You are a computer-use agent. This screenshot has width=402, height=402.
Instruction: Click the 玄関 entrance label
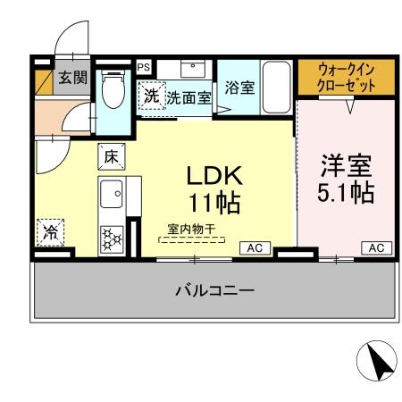pos(72,78)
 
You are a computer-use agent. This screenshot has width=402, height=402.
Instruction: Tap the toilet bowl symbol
pos(113,89)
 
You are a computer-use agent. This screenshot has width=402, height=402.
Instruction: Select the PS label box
pos(143,66)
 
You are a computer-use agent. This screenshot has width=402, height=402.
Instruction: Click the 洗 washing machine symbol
pos(151,95)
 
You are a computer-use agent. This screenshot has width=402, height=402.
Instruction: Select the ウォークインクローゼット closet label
pos(347,77)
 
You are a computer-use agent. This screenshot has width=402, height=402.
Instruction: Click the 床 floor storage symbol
pos(112,155)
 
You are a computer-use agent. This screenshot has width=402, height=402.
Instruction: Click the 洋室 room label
pos(347,167)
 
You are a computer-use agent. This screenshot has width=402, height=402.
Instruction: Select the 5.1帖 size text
pos(347,193)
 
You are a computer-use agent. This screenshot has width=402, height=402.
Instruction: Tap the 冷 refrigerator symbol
pos(50,233)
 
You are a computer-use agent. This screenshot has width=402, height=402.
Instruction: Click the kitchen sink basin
pos(112,192)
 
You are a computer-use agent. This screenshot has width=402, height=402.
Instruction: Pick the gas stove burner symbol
pos(112,239)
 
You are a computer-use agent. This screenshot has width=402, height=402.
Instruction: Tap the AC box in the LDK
pos(254,247)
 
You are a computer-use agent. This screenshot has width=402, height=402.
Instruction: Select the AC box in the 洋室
pos(375,247)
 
